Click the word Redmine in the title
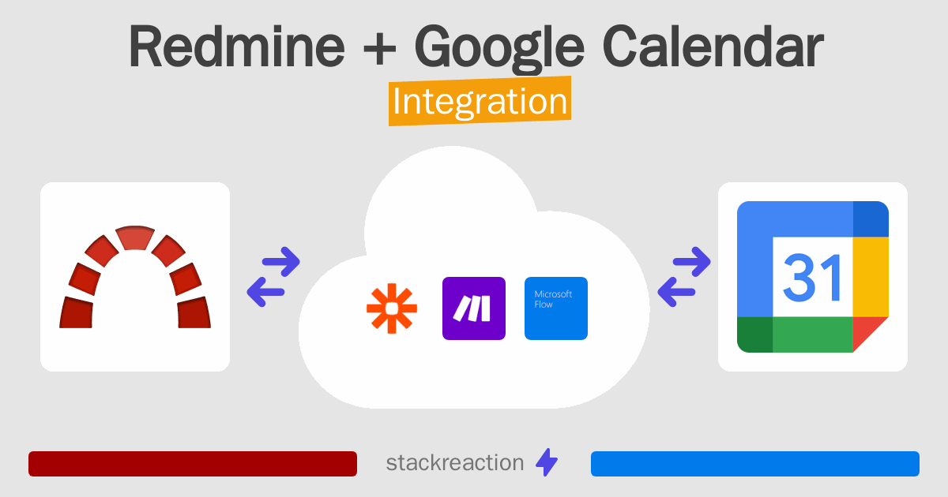(237, 47)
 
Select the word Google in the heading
(499, 49)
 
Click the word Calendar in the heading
(713, 46)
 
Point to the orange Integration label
(480, 101)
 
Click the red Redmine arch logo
(135, 276)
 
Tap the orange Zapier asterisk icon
(392, 308)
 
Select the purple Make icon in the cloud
(474, 308)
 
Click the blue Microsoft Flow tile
(556, 308)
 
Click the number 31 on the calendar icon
(812, 278)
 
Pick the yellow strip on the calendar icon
(871, 277)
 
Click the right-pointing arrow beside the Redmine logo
(281, 262)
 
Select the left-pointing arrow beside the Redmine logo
(265, 292)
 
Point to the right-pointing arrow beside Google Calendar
(692, 262)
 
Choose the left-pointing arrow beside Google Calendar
(677, 292)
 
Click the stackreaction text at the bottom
(455, 463)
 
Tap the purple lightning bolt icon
(547, 462)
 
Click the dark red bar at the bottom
(193, 464)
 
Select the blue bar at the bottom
(755, 464)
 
